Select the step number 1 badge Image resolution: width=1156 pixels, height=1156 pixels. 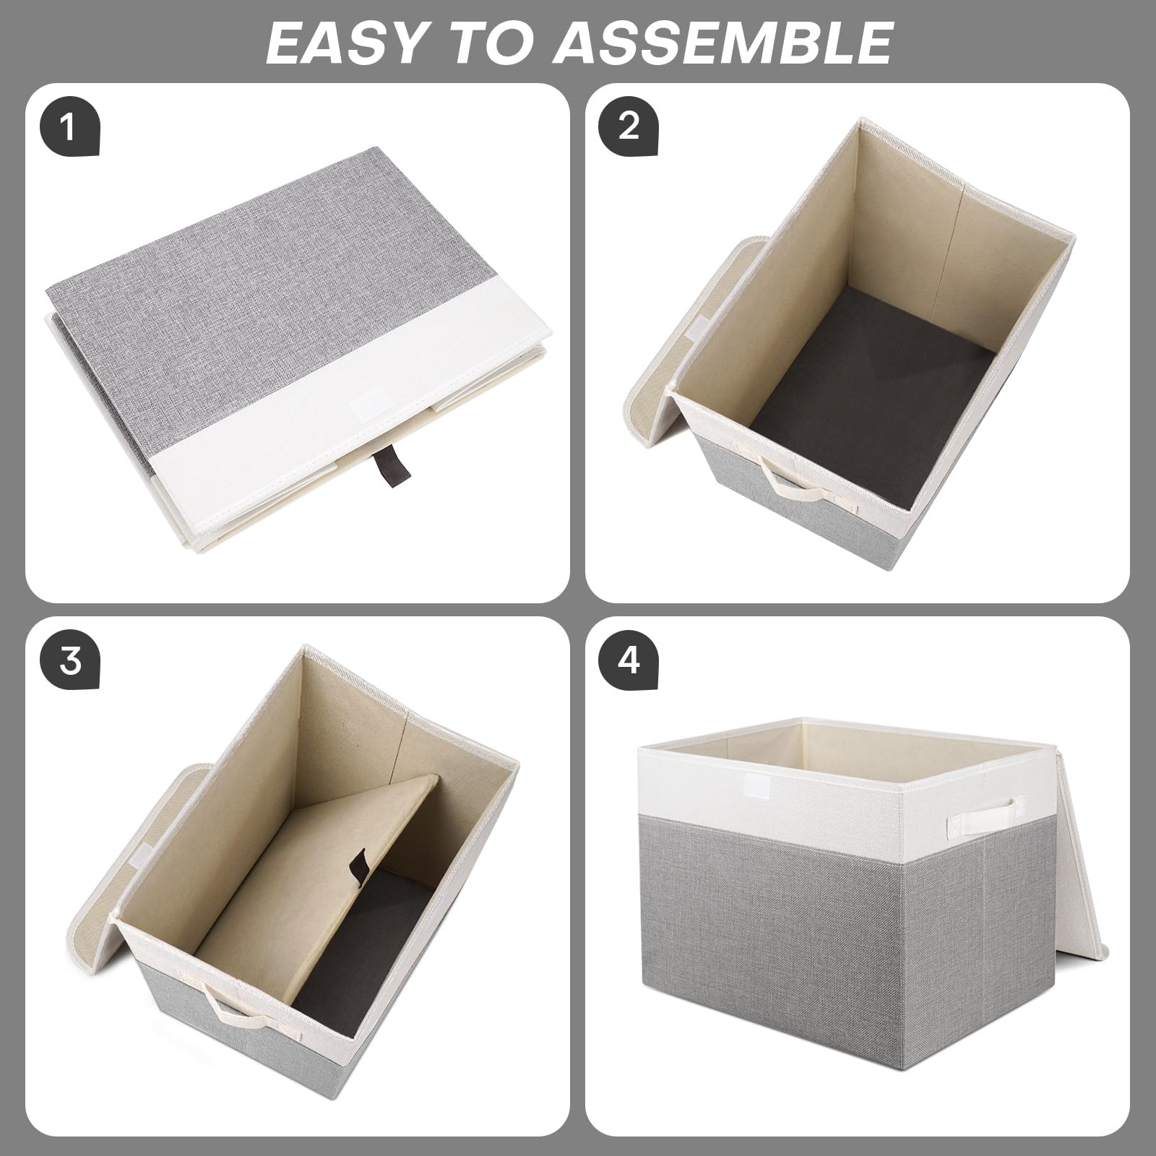tap(69, 129)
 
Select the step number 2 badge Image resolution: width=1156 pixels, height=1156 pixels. tap(629, 129)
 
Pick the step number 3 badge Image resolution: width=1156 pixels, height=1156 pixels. tap(69, 661)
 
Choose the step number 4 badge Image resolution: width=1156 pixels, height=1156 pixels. tap(629, 661)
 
